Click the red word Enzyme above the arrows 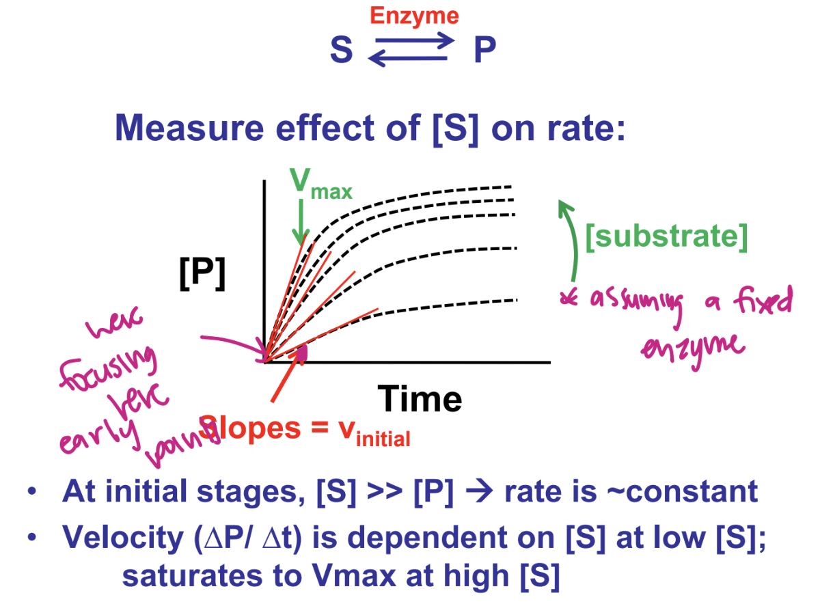coord(414,15)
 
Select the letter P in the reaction coord(484,50)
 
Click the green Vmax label coord(320,182)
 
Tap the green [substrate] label coord(666,236)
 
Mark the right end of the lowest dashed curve coord(517,299)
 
